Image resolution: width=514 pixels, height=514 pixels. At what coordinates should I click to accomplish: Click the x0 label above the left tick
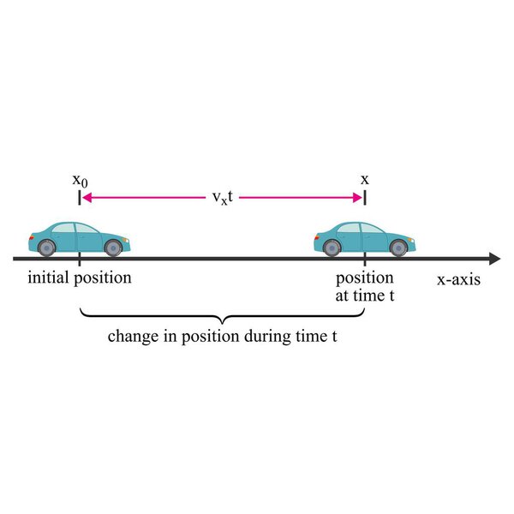click(79, 181)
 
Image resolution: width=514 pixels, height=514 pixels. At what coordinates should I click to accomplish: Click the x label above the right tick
click(365, 180)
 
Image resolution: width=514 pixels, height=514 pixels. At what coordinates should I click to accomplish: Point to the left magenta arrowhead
click(87, 198)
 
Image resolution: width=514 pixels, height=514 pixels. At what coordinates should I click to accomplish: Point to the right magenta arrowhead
click(358, 198)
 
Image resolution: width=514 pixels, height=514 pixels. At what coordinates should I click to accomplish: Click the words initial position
click(80, 278)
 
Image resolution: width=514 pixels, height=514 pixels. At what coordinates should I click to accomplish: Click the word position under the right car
click(364, 278)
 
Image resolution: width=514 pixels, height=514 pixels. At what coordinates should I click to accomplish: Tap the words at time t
click(364, 295)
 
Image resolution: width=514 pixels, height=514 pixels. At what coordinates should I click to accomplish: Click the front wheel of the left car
click(112, 248)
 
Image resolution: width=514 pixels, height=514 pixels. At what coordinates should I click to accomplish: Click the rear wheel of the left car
click(46, 248)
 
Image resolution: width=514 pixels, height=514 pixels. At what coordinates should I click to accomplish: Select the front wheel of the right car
click(397, 248)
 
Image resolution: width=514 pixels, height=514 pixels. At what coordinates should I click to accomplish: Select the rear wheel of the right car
click(332, 248)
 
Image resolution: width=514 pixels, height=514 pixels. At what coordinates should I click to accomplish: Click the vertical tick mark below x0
click(79, 199)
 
